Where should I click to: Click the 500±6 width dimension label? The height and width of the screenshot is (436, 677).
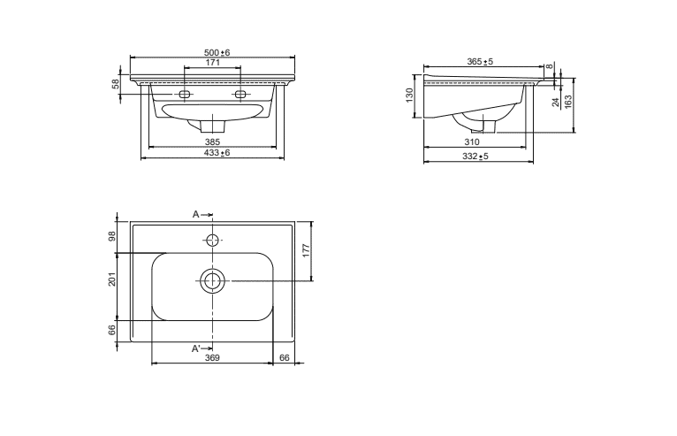coord(217,53)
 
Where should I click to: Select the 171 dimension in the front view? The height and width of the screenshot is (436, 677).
coord(212,62)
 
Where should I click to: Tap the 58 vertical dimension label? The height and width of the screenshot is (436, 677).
coord(116,84)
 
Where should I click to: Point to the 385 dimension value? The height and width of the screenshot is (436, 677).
coord(212,142)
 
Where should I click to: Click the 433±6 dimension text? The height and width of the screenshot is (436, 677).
coord(217,152)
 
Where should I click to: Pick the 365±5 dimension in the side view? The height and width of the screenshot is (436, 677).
coord(480,62)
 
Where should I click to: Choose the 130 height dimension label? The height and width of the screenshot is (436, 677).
coord(409,95)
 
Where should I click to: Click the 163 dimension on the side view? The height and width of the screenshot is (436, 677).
coord(568,101)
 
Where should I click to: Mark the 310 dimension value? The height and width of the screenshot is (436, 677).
coord(472,142)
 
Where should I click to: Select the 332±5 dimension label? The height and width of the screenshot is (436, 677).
coord(475,156)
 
